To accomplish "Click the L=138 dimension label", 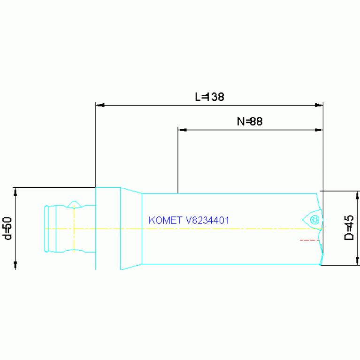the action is point(209,97).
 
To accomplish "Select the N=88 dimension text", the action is point(250,122).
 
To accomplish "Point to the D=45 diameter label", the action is point(349,228).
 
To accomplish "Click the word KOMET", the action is point(166,221).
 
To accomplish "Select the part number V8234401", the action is point(207,221).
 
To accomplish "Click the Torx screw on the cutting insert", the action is point(314,220).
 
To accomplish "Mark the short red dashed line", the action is point(310,240).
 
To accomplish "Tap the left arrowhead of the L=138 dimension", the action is point(100,105).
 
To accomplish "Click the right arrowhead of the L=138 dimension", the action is point(319,105).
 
